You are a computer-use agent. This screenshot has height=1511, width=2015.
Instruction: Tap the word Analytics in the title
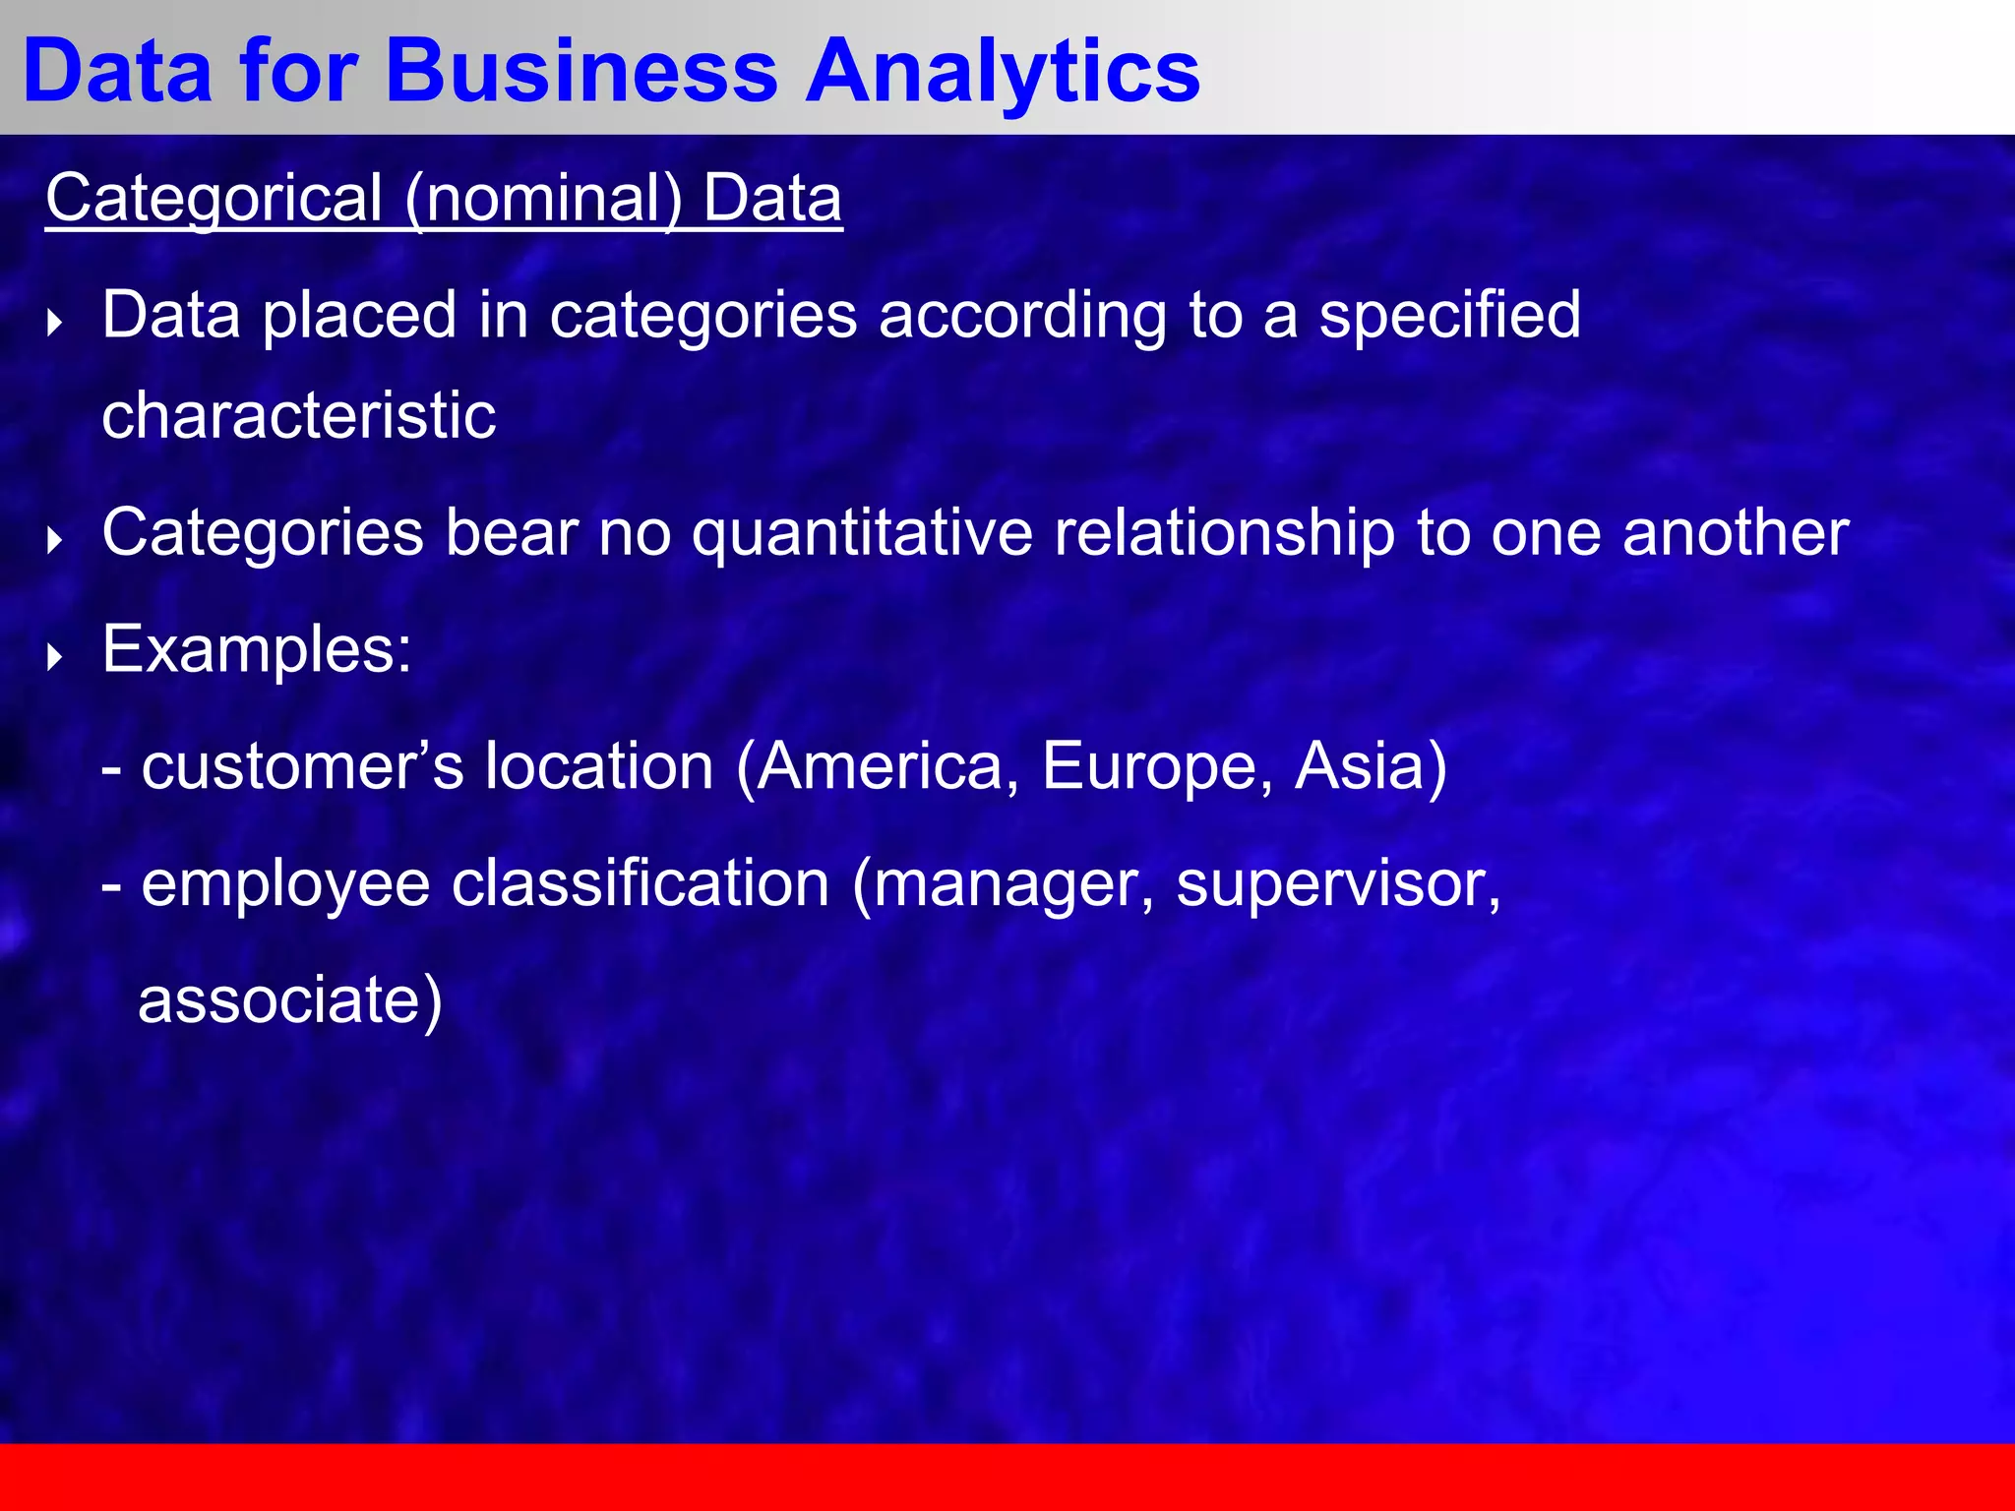coord(1003,71)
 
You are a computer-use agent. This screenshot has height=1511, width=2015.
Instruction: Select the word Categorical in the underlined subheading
coord(214,199)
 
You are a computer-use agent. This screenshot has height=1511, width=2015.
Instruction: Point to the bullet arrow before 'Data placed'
coord(55,323)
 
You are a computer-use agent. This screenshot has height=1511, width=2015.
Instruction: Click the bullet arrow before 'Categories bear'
coord(55,540)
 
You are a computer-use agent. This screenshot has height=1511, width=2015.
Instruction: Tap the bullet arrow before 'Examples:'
coord(55,657)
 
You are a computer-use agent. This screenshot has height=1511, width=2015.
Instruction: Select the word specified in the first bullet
coord(1449,317)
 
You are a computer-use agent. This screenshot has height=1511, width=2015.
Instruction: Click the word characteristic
coord(299,415)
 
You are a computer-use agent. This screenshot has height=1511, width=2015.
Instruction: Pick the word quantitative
coord(862,534)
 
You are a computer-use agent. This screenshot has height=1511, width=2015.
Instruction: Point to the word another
coord(1736,534)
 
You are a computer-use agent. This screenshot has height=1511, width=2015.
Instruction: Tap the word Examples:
coord(257,650)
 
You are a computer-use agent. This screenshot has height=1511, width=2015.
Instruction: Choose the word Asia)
coord(1371,766)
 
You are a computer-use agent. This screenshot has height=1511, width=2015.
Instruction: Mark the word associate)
coord(290,1000)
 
